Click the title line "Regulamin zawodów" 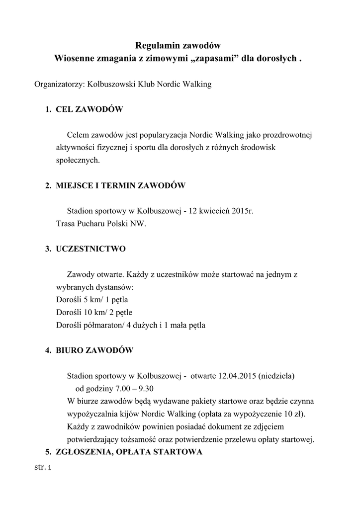tap(178, 46)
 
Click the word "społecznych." tap(78, 160)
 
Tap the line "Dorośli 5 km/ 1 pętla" tap(92, 300)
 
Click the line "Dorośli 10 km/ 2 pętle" tap(94, 313)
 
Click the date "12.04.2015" tap(236, 375)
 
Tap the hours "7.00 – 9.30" tap(140, 388)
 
